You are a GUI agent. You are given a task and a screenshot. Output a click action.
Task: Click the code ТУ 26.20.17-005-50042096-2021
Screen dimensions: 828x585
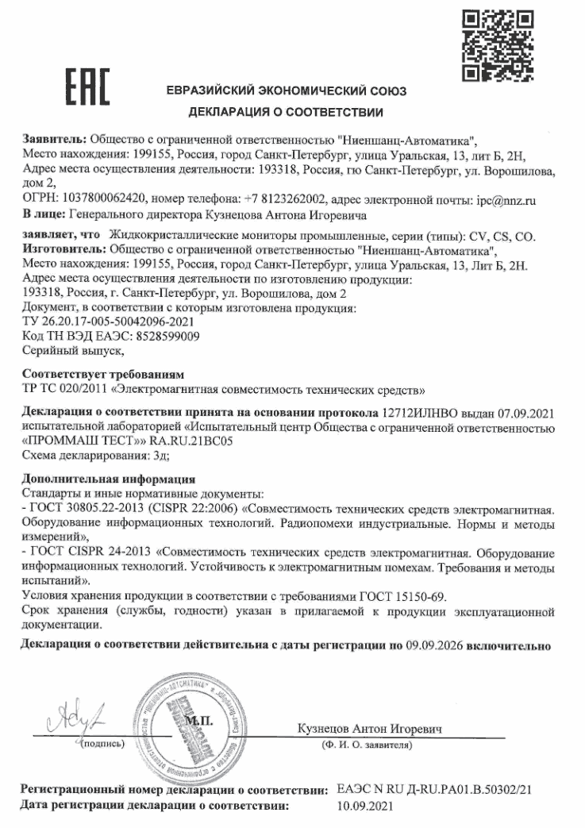[x=109, y=322]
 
